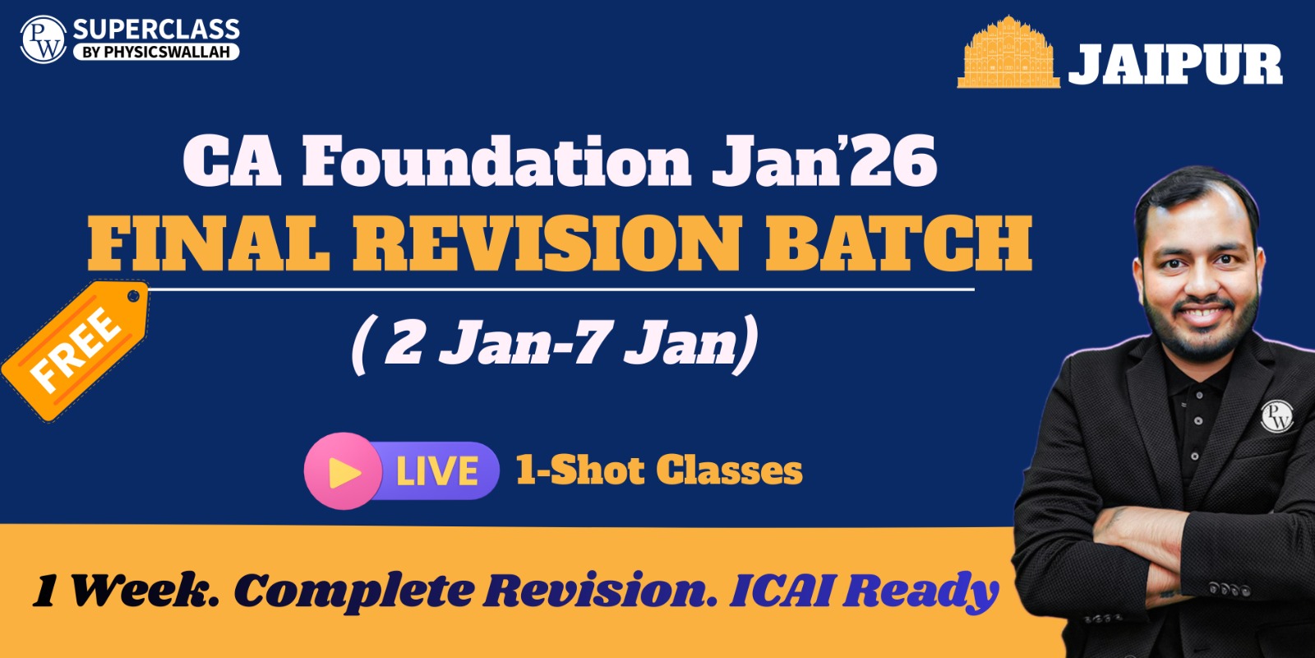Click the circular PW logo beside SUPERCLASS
click(44, 39)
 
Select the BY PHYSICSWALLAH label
click(156, 52)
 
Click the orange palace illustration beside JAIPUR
click(1008, 53)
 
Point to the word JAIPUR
click(1175, 65)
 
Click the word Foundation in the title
click(496, 161)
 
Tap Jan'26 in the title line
click(824, 161)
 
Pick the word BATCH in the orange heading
click(899, 243)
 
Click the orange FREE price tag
click(75, 350)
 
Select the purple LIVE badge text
click(436, 471)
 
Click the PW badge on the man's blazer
click(1277, 416)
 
